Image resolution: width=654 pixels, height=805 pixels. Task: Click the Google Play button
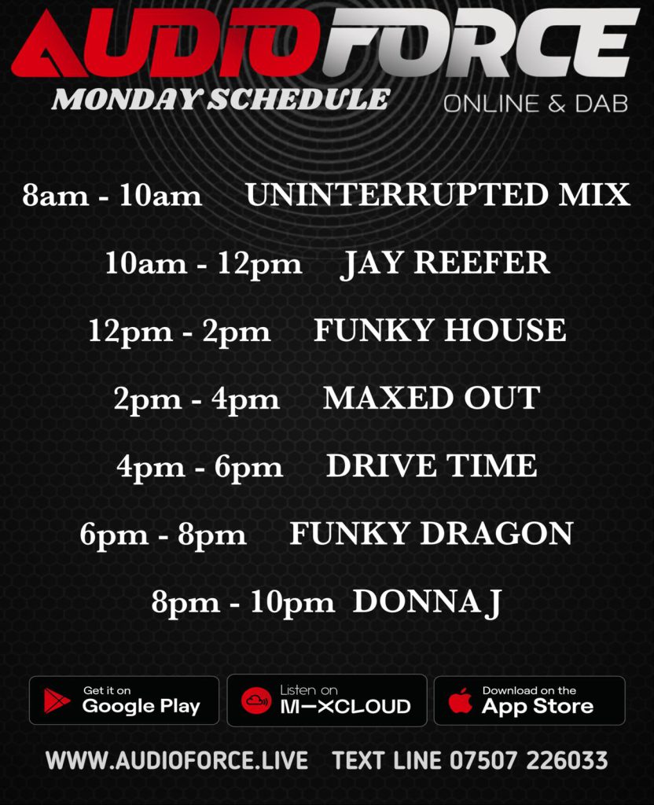pyautogui.click(x=124, y=700)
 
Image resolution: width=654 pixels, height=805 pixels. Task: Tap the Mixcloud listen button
pyautogui.click(x=327, y=700)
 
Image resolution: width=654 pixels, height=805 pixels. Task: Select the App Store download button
pyautogui.click(x=529, y=700)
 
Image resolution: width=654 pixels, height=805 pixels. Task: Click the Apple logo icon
pyautogui.click(x=461, y=700)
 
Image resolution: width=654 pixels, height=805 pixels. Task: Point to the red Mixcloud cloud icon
pyautogui.click(x=256, y=700)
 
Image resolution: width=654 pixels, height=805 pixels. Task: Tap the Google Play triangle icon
pyautogui.click(x=57, y=701)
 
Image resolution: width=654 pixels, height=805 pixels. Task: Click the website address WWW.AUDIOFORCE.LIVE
pyautogui.click(x=177, y=761)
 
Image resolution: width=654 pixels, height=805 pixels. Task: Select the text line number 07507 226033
pyautogui.click(x=529, y=761)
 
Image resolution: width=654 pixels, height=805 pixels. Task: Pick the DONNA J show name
pyautogui.click(x=427, y=602)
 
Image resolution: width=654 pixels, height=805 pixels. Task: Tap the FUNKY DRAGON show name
pyautogui.click(x=432, y=534)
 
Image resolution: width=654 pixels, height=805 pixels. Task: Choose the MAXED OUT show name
pyautogui.click(x=432, y=399)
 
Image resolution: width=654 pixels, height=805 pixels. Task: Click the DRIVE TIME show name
pyautogui.click(x=432, y=466)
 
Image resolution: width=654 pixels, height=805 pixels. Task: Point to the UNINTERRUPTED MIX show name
pyautogui.click(x=438, y=195)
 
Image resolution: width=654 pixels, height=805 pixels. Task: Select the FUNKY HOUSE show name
pyautogui.click(x=440, y=331)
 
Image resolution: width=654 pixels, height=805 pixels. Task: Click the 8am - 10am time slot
pyautogui.click(x=112, y=196)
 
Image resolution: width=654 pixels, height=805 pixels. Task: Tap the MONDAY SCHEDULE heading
pyautogui.click(x=221, y=99)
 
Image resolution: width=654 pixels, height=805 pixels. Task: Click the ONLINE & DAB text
pyautogui.click(x=535, y=104)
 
